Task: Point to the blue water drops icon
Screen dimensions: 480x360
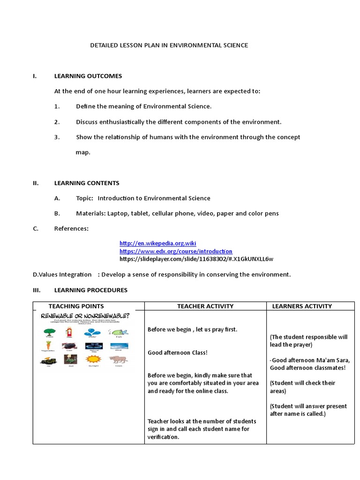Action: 92,332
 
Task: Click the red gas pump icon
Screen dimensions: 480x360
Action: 70,331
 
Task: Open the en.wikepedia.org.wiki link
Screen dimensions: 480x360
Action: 157,243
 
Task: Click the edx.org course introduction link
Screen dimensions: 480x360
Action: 176,251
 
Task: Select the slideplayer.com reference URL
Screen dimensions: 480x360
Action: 196,259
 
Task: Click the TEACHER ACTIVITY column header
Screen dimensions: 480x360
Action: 205,306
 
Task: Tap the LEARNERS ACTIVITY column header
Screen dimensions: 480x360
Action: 302,306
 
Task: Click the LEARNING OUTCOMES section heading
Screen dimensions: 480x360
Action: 88,76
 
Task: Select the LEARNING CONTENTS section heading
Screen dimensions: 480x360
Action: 87,183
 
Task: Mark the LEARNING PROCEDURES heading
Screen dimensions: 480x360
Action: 90,290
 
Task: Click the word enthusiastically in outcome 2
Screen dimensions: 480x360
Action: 121,122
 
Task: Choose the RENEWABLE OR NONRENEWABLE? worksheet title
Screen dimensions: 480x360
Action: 85,316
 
